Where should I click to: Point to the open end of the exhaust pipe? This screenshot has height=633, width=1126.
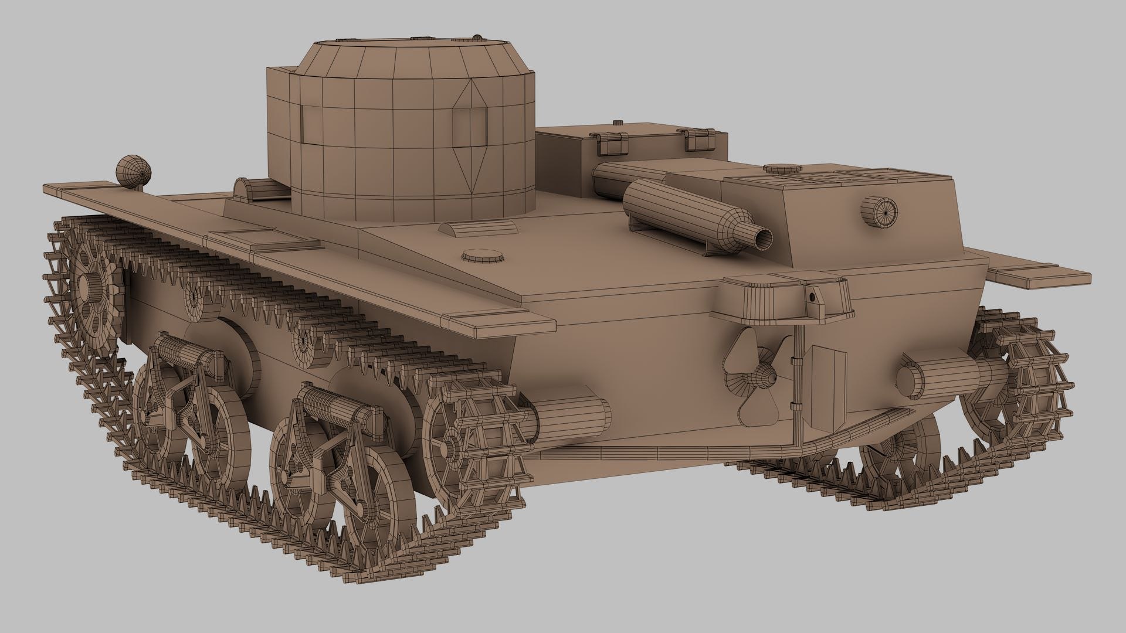(764, 238)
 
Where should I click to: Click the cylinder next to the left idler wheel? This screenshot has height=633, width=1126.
(572, 416)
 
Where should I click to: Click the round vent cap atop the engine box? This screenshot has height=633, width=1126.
(782, 169)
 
